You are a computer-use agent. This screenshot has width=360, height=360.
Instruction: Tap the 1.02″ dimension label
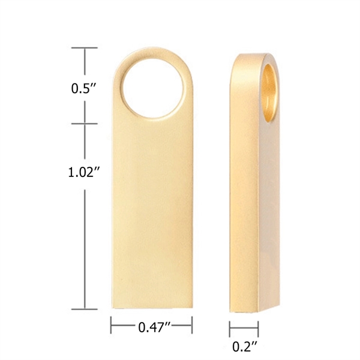point(83,172)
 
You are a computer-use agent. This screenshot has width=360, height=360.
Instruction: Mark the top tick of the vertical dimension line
point(84,47)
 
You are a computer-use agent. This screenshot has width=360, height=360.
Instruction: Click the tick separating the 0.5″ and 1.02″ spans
point(84,124)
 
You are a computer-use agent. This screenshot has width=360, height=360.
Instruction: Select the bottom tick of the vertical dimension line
point(84,310)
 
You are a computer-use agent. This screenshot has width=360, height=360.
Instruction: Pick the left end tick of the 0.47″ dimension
point(111,326)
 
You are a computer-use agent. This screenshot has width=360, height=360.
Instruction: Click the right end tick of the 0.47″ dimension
point(192,326)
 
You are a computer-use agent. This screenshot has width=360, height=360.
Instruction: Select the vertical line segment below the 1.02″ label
point(84,246)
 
